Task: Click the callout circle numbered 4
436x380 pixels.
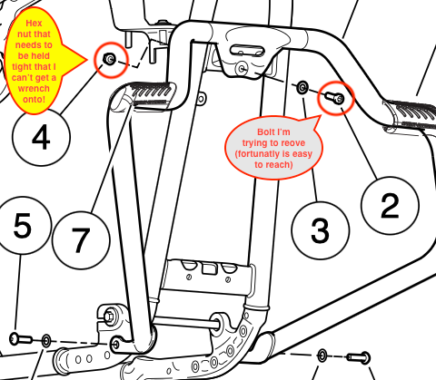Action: (41, 137)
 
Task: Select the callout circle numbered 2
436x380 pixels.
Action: (390, 206)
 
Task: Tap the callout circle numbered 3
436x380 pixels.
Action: (321, 230)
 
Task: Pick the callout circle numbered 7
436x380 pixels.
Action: (81, 240)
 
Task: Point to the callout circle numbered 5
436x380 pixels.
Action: (22, 226)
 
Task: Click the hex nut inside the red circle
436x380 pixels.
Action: (109, 58)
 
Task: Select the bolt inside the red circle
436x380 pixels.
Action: (335, 97)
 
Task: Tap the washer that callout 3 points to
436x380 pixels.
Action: (302, 87)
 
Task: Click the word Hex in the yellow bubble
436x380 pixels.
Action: (34, 24)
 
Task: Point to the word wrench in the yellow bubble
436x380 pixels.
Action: (34, 89)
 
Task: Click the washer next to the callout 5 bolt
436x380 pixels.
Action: (46, 341)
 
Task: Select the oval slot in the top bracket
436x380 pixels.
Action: (247, 50)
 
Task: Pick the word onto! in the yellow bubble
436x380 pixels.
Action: (34, 99)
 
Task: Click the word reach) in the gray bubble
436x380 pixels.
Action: (282, 165)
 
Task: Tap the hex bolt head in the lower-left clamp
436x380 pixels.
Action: (109, 317)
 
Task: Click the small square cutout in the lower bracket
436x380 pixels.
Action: (209, 268)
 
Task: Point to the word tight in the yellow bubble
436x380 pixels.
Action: (21, 67)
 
